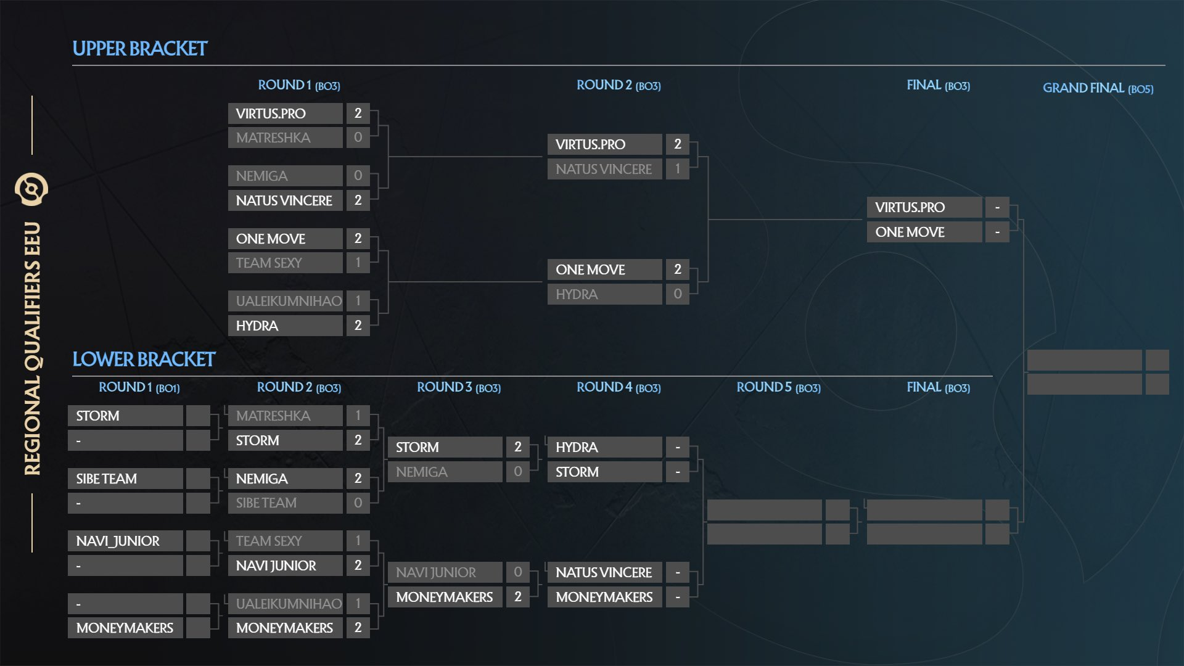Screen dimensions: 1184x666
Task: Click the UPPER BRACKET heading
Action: pos(140,49)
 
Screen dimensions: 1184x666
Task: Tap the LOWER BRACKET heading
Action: pos(144,360)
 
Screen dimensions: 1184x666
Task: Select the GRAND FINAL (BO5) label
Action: pos(1098,88)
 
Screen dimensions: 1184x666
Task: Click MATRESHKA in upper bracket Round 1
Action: pos(273,138)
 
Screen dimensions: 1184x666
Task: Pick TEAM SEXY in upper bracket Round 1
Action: pos(269,263)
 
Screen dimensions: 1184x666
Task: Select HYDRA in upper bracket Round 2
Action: pos(577,295)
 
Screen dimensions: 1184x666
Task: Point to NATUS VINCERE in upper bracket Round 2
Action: pos(604,170)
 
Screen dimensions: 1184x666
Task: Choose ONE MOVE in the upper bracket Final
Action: pos(910,232)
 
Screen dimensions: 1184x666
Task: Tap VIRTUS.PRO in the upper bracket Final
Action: pos(910,208)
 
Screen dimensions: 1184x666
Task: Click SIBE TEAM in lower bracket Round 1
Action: pos(107,479)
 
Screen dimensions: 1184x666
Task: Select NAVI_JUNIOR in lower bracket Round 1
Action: pos(118,541)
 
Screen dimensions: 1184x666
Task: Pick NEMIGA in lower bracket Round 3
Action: pos(422,472)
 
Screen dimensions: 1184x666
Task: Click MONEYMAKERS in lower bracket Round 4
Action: pos(604,598)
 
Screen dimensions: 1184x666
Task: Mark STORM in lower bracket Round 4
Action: pos(577,472)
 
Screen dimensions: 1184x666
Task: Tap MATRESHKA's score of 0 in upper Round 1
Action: pos(358,138)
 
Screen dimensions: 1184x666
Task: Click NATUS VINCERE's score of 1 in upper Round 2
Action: pos(677,169)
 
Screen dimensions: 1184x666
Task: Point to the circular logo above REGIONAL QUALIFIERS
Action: pos(31,189)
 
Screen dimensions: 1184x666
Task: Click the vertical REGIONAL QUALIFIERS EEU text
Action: pos(33,348)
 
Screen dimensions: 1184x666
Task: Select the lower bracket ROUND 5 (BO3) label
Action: pos(778,387)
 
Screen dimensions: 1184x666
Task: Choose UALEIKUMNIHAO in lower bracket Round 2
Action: pos(289,604)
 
